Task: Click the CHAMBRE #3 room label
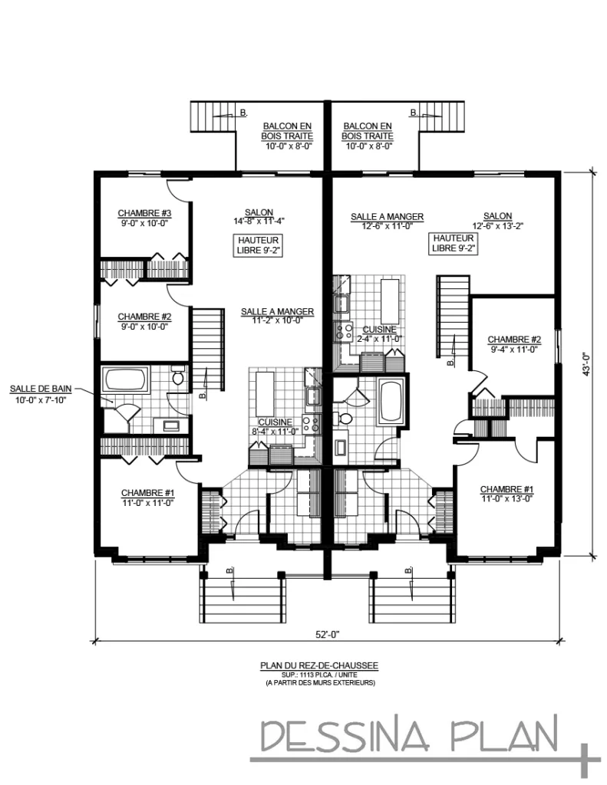click(x=144, y=213)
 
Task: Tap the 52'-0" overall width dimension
click(x=328, y=634)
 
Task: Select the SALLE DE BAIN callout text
click(x=41, y=389)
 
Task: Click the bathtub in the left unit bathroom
click(x=126, y=379)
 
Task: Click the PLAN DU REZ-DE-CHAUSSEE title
click(x=319, y=665)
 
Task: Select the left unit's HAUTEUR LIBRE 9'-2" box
click(x=258, y=245)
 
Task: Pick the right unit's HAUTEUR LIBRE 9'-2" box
click(x=453, y=243)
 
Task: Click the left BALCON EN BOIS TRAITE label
click(x=287, y=131)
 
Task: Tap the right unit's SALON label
click(x=498, y=216)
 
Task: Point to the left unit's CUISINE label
click(x=275, y=422)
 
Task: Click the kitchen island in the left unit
click(x=265, y=389)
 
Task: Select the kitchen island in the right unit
click(x=391, y=301)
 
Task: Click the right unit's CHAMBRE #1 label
click(x=506, y=489)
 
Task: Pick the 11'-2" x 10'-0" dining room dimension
click(x=278, y=320)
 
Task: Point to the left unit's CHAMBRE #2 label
click(x=144, y=317)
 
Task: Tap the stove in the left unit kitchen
click(x=311, y=423)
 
